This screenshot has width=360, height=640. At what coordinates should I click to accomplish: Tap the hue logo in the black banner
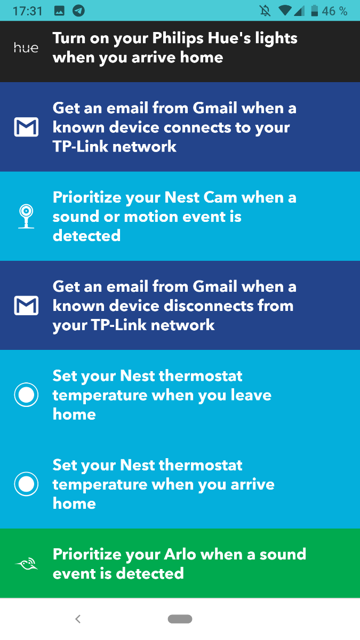click(26, 47)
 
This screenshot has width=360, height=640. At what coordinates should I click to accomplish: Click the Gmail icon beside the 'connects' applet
click(26, 127)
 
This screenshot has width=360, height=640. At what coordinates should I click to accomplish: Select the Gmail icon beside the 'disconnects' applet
click(26, 306)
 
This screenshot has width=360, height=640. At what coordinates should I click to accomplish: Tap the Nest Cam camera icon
click(26, 217)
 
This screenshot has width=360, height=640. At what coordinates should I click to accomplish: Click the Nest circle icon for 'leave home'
click(26, 395)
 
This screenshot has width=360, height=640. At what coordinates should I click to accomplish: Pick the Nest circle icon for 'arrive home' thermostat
click(26, 484)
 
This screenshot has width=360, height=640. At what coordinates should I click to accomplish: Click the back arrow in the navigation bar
click(78, 619)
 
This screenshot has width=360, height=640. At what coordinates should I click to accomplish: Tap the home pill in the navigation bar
click(180, 619)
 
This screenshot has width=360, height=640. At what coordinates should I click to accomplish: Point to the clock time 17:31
click(28, 11)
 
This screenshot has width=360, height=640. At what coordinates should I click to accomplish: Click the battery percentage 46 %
click(334, 11)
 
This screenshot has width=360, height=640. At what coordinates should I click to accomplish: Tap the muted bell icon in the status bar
click(265, 11)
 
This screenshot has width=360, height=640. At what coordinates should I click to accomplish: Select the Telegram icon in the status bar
click(78, 11)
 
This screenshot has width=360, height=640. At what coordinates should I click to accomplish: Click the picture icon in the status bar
click(59, 11)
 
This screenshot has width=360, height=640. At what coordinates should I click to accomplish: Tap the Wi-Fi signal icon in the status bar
click(285, 11)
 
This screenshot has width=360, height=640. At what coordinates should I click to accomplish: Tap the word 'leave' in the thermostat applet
click(251, 395)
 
